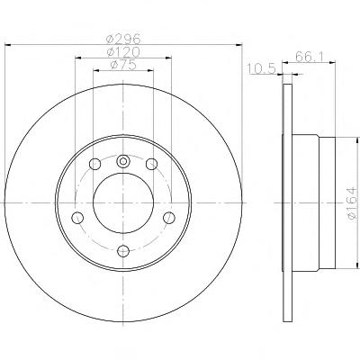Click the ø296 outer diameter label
pyautogui.click(x=123, y=39)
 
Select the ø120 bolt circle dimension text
pyautogui.click(x=123, y=52)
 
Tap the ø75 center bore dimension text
pyautogui.click(x=123, y=65)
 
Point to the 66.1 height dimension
pyautogui.click(x=310, y=57)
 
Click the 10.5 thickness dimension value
pyautogui.click(x=262, y=69)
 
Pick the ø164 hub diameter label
pyautogui.click(x=353, y=203)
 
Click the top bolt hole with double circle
pyautogui.click(x=123, y=161)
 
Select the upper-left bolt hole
pyautogui.click(x=94, y=164)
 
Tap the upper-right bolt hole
pyautogui.click(x=151, y=164)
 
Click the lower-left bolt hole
pyautogui.click(x=77, y=218)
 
